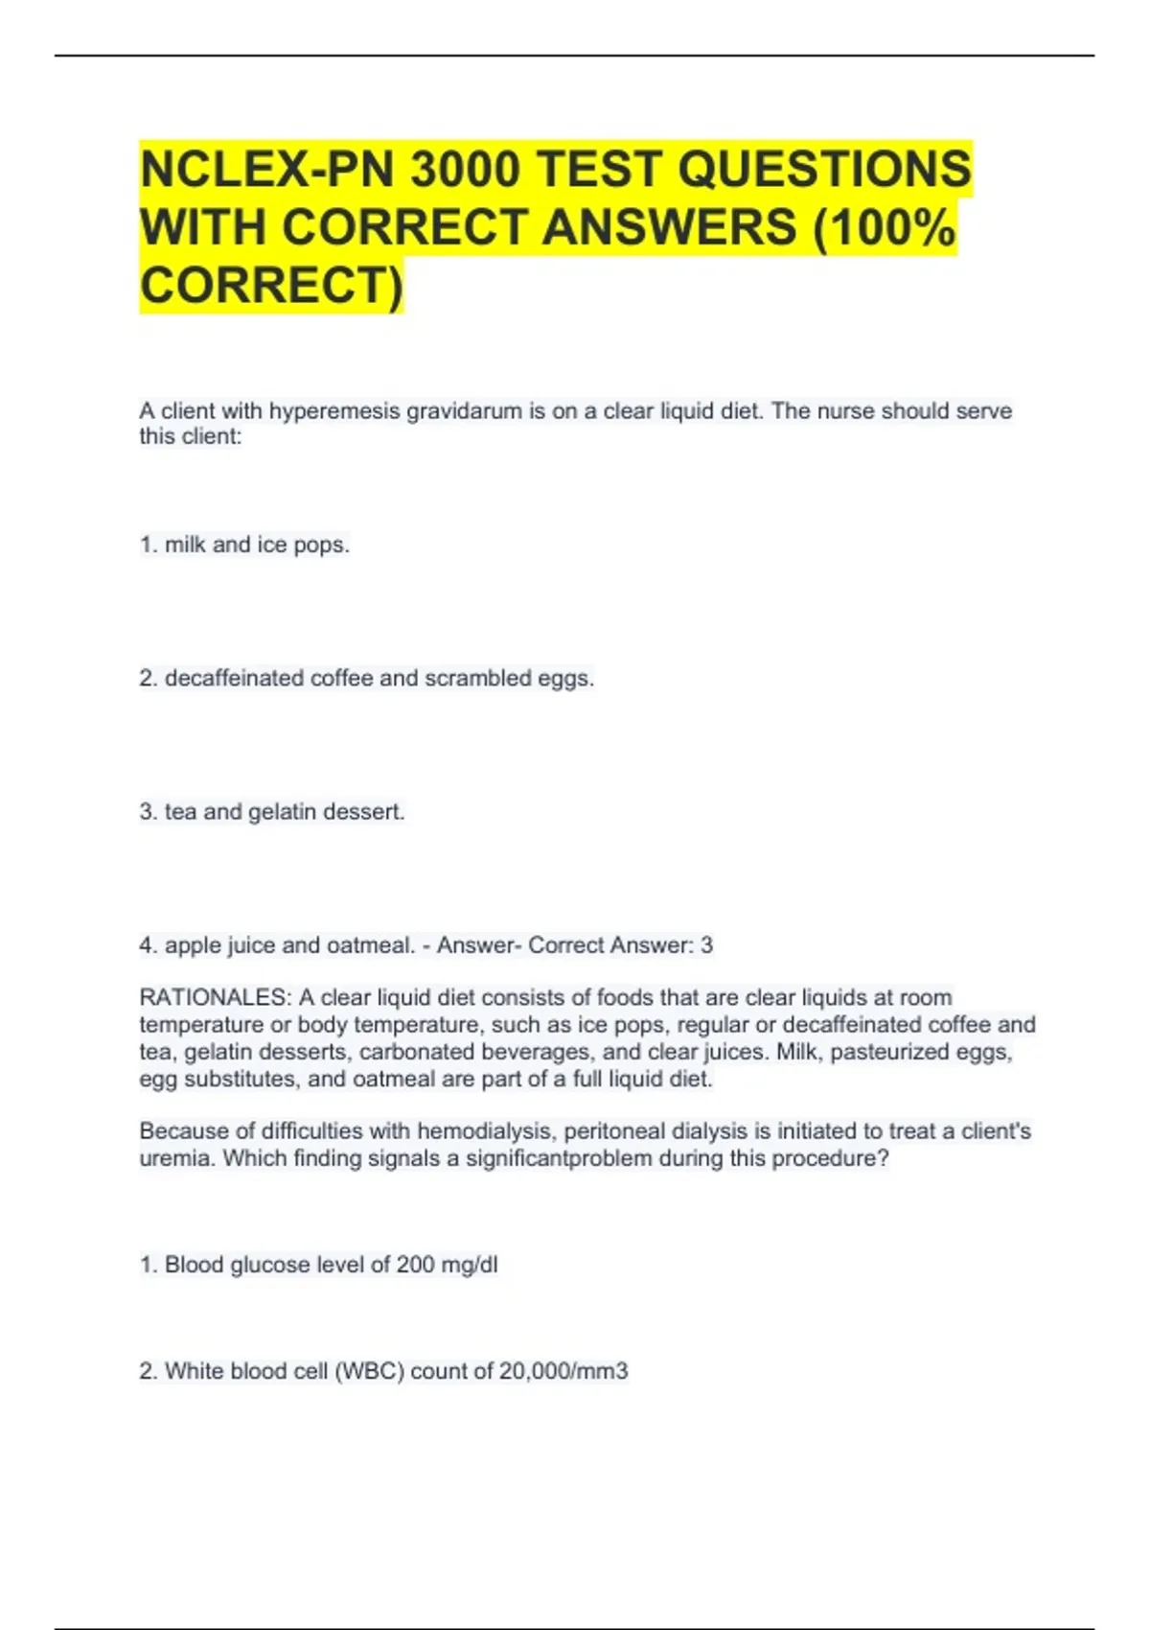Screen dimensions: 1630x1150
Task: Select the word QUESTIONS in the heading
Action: [824, 170]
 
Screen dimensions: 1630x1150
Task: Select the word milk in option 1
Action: [185, 545]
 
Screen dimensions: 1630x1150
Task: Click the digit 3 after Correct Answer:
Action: [706, 945]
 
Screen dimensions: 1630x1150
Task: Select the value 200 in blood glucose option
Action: [415, 1265]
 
